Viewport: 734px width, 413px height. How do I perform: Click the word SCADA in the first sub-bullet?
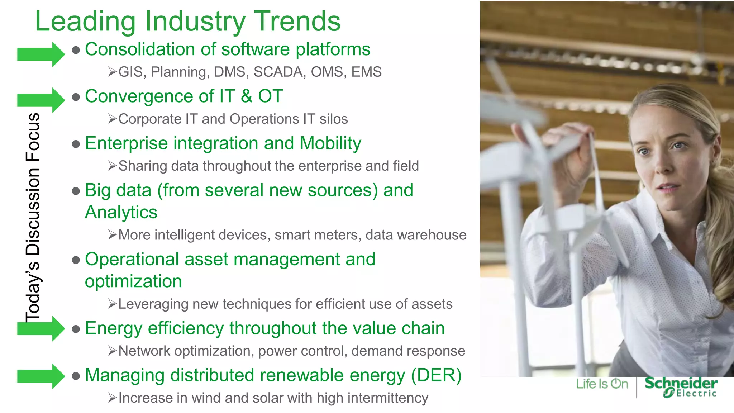click(280, 72)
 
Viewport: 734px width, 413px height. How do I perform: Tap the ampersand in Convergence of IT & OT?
click(246, 96)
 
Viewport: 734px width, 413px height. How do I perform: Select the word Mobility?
click(330, 143)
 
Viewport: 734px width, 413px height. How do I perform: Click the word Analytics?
click(121, 212)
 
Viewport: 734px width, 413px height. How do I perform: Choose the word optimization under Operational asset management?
click(133, 281)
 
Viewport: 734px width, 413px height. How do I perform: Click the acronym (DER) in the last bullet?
click(436, 376)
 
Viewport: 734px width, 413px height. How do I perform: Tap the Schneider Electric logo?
click(681, 387)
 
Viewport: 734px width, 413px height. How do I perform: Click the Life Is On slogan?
click(602, 384)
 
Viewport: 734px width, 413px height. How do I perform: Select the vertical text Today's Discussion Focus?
click(33, 217)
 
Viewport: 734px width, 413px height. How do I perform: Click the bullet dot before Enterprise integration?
click(76, 144)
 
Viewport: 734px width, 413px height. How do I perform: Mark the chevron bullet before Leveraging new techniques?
click(112, 304)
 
